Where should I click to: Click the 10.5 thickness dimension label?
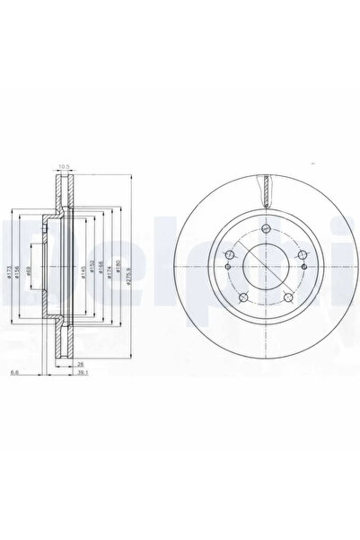(x=64, y=166)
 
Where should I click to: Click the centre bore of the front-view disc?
(x=265, y=270)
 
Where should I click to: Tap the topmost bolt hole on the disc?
(x=266, y=232)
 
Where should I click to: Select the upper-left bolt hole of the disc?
(x=230, y=257)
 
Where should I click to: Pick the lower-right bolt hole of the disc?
(x=287, y=300)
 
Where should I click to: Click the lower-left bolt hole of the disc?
(x=242, y=300)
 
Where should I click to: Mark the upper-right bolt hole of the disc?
(x=301, y=257)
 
